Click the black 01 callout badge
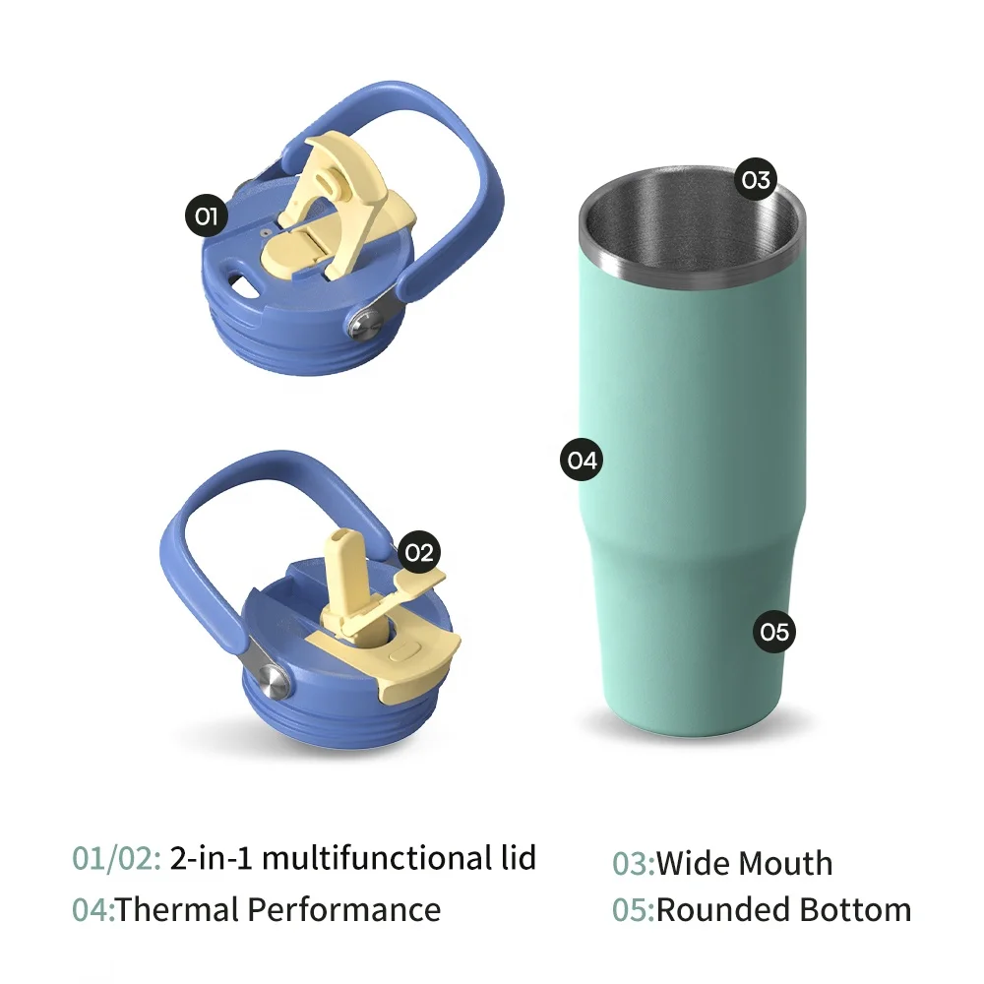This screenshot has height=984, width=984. [x=206, y=215]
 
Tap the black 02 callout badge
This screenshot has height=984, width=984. [x=419, y=552]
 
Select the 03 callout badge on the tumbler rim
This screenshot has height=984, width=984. [x=756, y=179]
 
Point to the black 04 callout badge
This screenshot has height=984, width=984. [x=582, y=460]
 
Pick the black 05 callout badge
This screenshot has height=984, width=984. [x=775, y=631]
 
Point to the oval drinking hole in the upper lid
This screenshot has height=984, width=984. [x=241, y=285]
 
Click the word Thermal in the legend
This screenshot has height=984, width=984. [x=177, y=908]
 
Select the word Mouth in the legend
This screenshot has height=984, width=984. [x=785, y=864]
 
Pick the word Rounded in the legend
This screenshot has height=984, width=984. [x=723, y=909]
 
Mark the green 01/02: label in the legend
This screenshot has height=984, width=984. [x=116, y=858]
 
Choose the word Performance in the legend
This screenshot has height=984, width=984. [x=343, y=908]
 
